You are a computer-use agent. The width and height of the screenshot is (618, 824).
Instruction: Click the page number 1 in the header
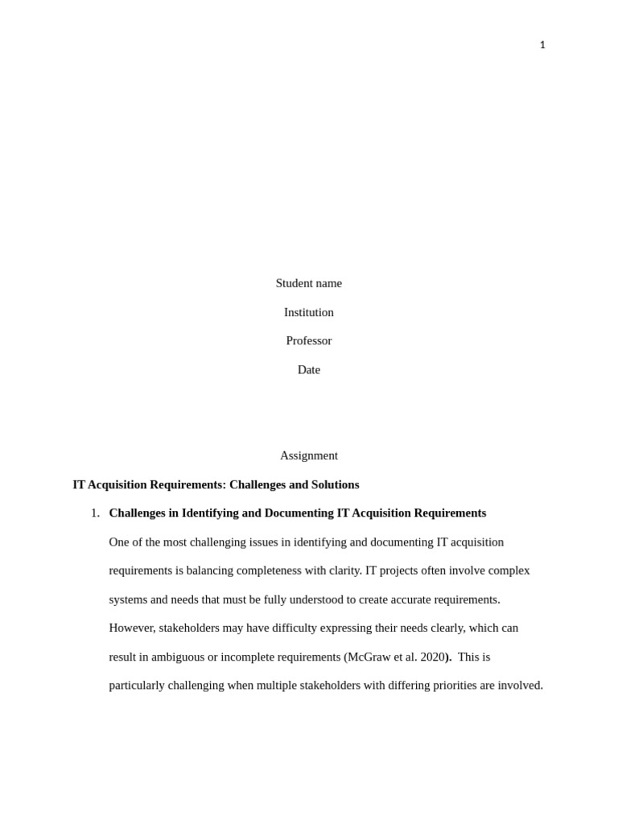[542, 45]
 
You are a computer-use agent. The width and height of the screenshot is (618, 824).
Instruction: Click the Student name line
[308, 283]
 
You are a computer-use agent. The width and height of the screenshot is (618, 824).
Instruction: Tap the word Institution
[308, 312]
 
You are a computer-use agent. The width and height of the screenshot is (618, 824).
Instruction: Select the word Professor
[308, 340]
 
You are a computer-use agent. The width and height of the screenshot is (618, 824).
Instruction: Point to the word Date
[308, 369]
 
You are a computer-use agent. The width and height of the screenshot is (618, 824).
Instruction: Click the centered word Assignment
[308, 455]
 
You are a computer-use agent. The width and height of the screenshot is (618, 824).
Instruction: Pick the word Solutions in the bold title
[333, 484]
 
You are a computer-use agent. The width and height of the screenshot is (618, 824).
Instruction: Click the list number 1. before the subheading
[95, 513]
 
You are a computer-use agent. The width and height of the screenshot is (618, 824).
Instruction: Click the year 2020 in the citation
[432, 657]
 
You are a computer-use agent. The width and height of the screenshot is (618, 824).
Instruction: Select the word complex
[509, 571]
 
